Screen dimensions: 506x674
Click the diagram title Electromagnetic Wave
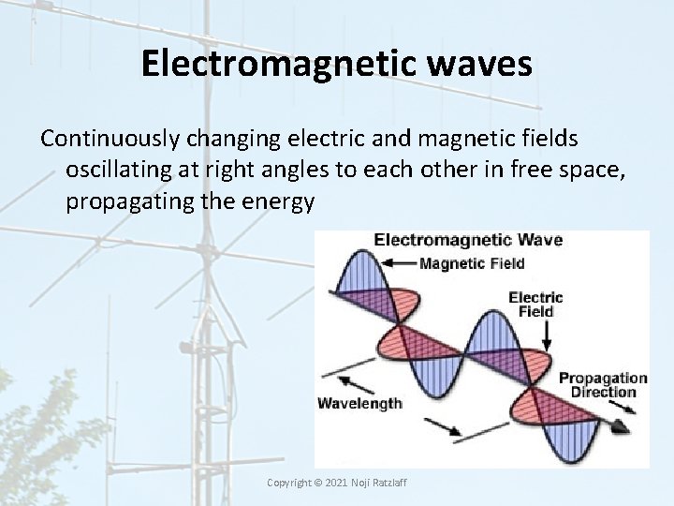[x=467, y=240]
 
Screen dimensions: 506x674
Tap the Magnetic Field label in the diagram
[x=471, y=263]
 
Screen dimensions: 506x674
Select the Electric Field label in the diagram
[x=535, y=304]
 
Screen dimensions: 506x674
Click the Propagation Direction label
[x=603, y=385]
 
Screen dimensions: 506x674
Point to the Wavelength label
[x=360, y=404]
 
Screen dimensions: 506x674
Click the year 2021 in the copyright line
[x=333, y=482]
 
